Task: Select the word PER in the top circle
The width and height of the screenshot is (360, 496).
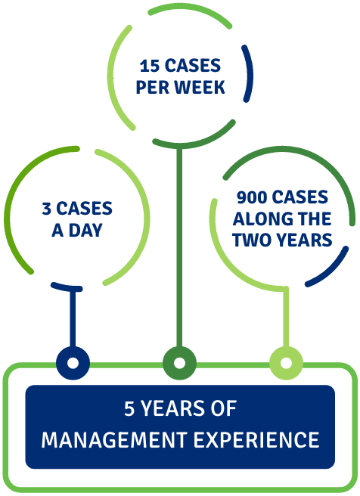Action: click(152, 87)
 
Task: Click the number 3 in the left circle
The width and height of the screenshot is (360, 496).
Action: click(46, 209)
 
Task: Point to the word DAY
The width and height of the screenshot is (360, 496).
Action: click(85, 230)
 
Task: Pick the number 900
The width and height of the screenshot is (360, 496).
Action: click(252, 197)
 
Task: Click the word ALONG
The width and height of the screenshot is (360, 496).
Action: click(259, 219)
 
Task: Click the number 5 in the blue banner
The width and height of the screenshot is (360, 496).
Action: click(129, 408)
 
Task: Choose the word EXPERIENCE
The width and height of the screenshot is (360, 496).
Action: click(256, 440)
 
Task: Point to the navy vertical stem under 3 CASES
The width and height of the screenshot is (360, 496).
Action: click(73, 318)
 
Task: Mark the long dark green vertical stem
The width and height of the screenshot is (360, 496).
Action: click(179, 246)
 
